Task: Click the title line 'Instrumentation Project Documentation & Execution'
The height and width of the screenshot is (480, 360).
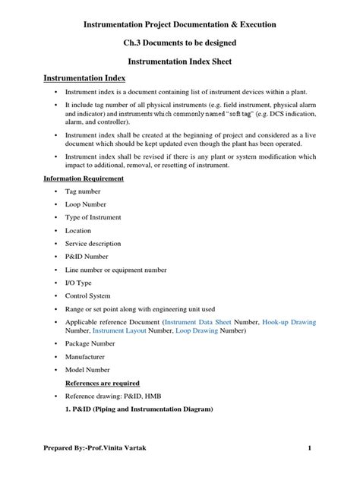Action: (x=179, y=25)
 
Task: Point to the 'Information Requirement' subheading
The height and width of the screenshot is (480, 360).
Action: (x=84, y=178)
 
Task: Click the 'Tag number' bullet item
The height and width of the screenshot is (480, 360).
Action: (x=83, y=192)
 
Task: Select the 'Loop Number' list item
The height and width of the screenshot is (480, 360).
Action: (x=85, y=205)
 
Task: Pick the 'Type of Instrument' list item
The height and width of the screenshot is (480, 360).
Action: (x=92, y=218)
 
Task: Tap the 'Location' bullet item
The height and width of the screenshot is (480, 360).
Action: (x=78, y=231)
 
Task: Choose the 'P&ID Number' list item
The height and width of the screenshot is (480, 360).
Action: (x=87, y=257)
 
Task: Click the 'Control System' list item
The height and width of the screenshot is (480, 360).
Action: (x=88, y=295)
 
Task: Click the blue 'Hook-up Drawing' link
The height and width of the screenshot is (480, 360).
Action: (x=289, y=322)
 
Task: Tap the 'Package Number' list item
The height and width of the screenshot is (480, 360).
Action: (x=90, y=343)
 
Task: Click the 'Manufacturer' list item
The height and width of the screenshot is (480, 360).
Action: (x=85, y=356)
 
